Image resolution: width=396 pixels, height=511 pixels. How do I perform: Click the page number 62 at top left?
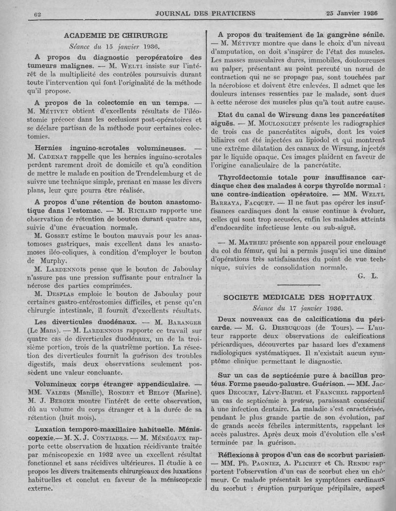(x=37, y=14)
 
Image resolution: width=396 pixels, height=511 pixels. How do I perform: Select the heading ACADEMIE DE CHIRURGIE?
(x=116, y=36)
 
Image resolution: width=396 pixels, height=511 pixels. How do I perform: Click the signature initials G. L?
(x=367, y=276)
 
